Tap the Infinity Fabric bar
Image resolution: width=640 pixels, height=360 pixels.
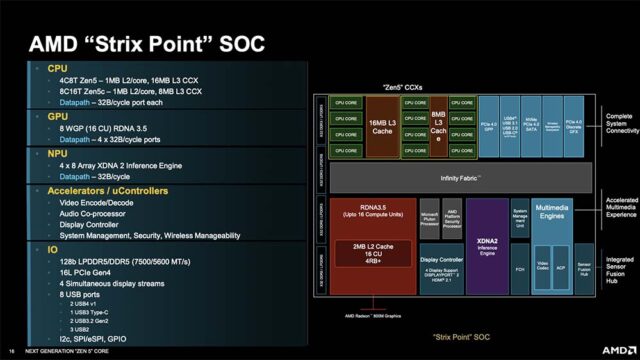pyautogui.click(x=461, y=177)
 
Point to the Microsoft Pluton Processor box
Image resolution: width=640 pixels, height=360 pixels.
pyautogui.click(x=428, y=219)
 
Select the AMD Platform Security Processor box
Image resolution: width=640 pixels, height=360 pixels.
pyautogui.click(x=452, y=219)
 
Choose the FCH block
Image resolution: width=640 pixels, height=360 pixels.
pyautogui.click(x=519, y=270)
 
